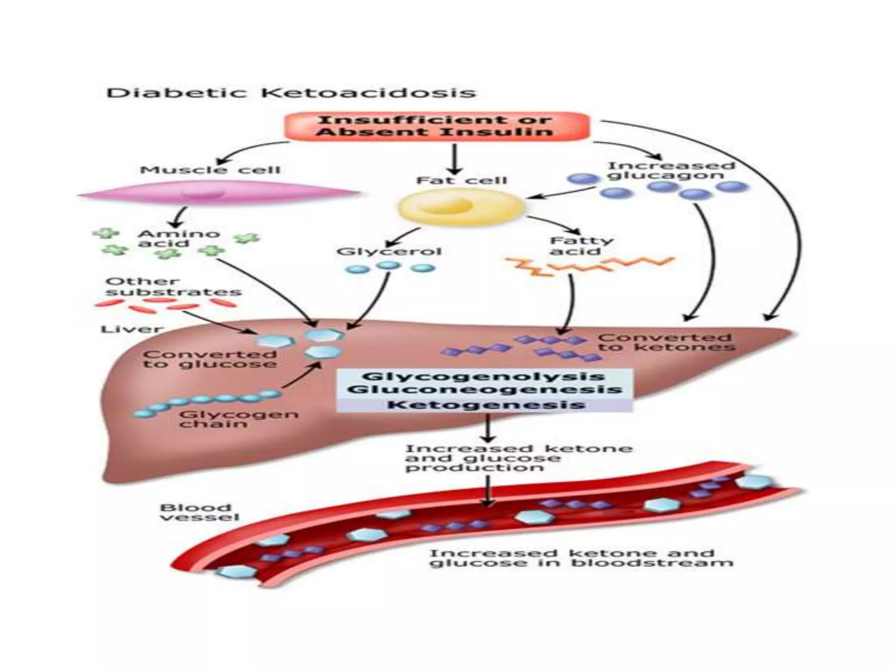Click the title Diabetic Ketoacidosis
291,93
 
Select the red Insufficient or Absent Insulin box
436,126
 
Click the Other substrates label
173,287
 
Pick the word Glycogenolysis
484,376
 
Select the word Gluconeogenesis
484,389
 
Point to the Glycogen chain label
238,419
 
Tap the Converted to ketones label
666,342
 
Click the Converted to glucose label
210,359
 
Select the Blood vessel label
199,512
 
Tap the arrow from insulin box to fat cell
455,159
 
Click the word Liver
131,329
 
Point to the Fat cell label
461,180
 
